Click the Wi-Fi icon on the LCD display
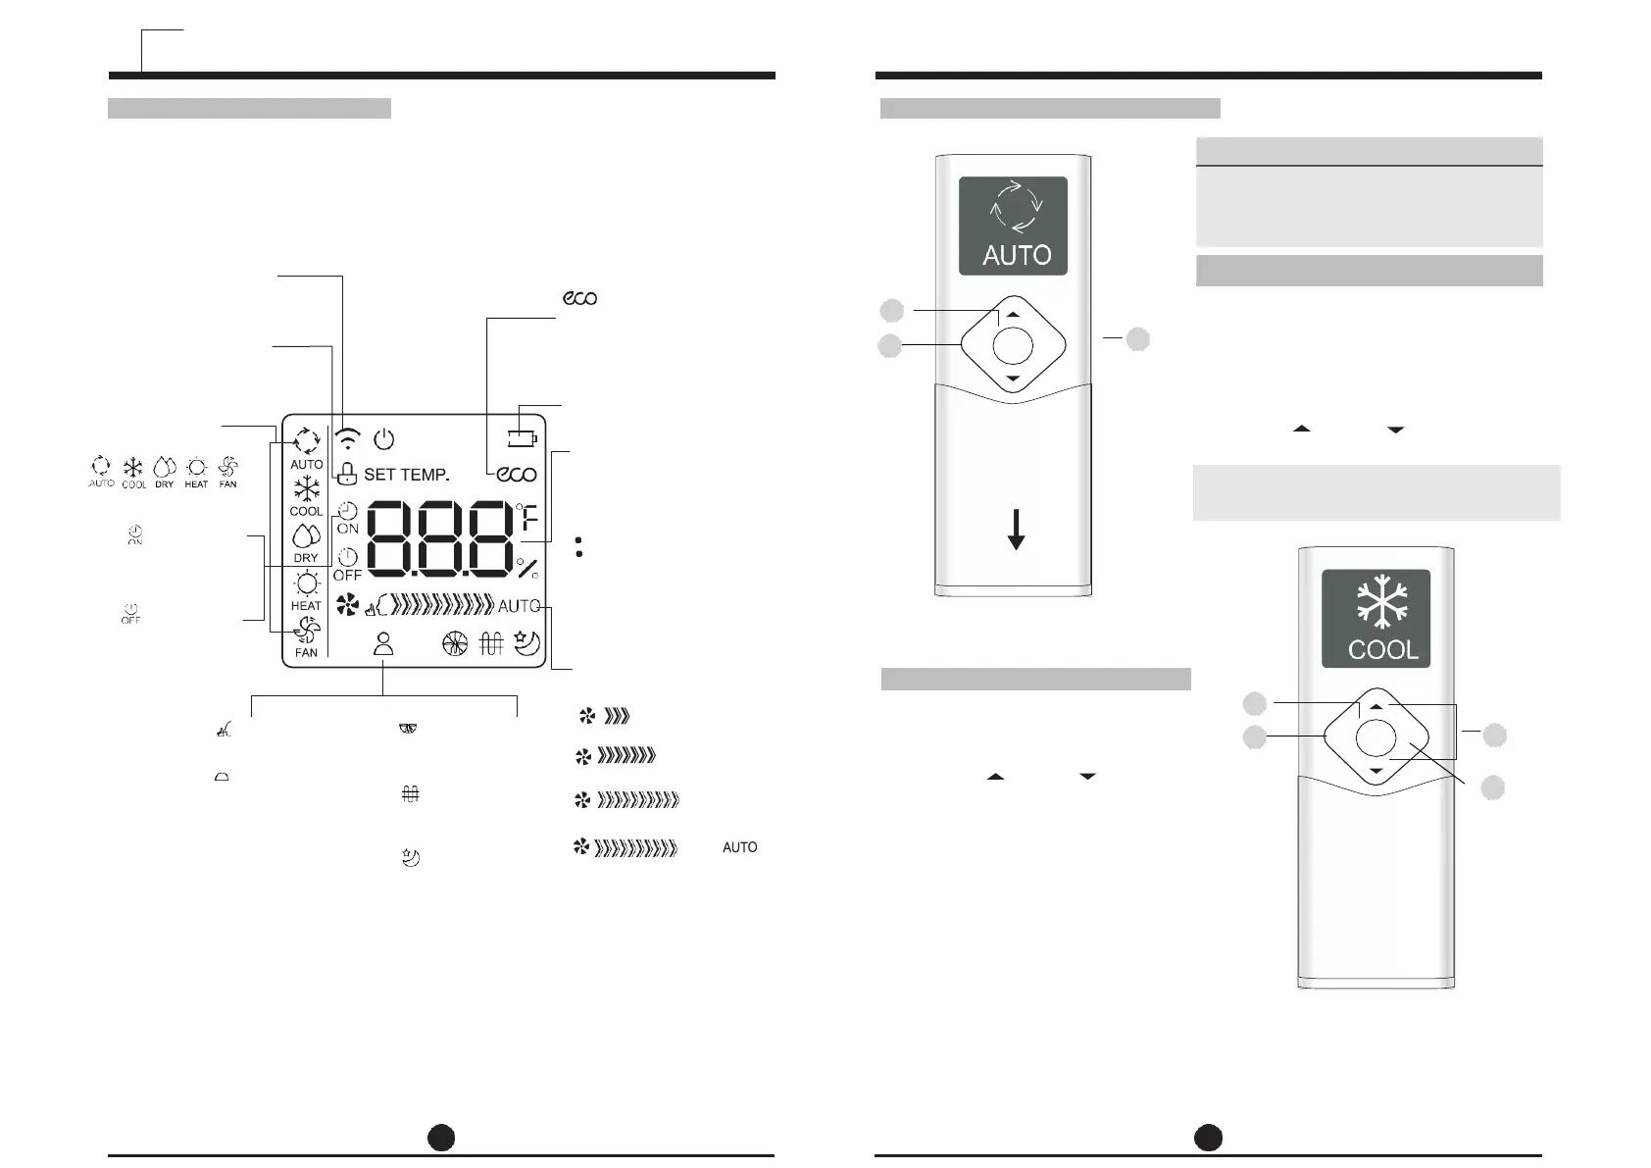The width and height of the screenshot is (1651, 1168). click(347, 438)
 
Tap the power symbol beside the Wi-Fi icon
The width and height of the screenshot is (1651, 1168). click(384, 438)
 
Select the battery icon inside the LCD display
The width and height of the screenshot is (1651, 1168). click(522, 437)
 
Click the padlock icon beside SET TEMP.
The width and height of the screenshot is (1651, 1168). click(346, 475)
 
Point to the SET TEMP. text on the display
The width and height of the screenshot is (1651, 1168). click(406, 475)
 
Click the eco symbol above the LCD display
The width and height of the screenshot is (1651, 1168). click(579, 298)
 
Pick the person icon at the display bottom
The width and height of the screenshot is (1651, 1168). click(383, 643)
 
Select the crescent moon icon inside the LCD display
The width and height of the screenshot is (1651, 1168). click(527, 642)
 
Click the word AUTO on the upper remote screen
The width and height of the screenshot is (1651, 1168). click(1017, 255)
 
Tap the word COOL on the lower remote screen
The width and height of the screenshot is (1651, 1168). click(1382, 649)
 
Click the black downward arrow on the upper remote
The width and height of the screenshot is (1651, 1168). click(1017, 530)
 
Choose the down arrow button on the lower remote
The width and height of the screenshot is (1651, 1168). click(1376, 772)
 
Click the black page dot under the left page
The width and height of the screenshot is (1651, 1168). click(441, 1137)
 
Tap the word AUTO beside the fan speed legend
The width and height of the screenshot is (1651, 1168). click(739, 847)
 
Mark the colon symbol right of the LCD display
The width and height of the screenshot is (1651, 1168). click(579, 547)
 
